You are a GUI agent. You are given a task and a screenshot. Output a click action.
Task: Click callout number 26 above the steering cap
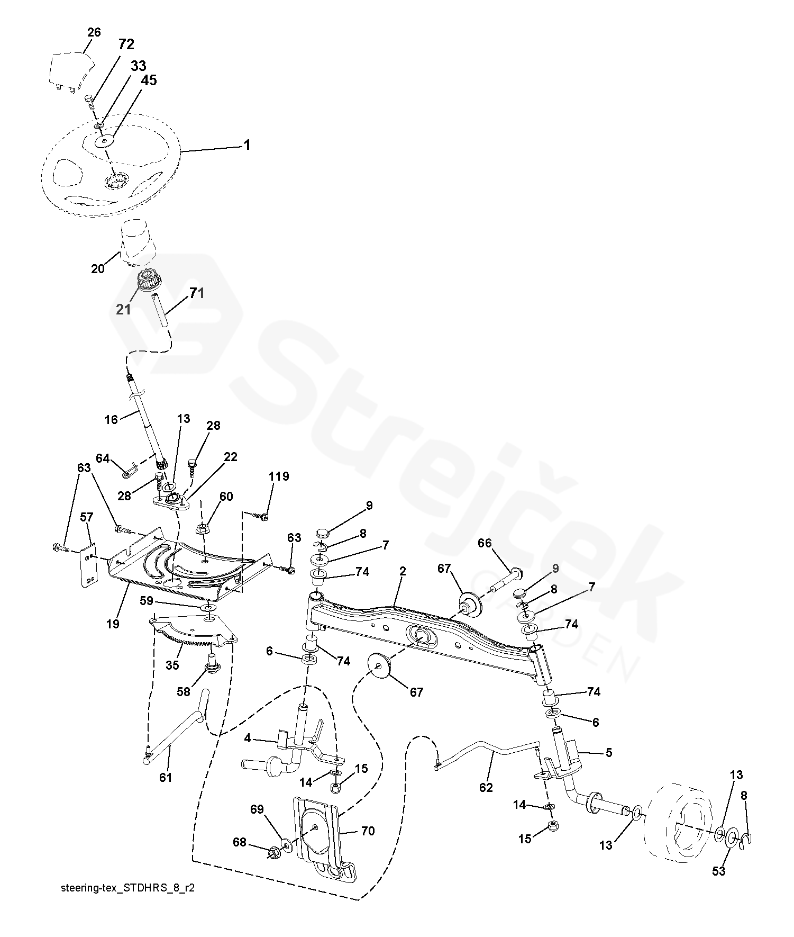(x=94, y=33)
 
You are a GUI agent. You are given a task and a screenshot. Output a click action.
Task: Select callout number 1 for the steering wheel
(x=247, y=145)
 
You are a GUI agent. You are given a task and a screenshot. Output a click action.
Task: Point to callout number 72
(x=126, y=44)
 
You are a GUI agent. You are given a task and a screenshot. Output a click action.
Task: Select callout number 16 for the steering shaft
(x=111, y=419)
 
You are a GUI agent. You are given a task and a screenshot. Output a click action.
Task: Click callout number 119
(x=279, y=476)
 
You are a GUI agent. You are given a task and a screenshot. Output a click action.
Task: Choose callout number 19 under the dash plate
(x=113, y=624)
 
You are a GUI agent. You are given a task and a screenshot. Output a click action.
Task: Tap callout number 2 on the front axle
(x=403, y=571)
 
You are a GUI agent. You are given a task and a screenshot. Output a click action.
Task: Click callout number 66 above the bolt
(x=485, y=543)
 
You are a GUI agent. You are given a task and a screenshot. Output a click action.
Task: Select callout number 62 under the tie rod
(x=486, y=787)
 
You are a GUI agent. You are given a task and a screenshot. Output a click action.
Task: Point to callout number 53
(x=718, y=871)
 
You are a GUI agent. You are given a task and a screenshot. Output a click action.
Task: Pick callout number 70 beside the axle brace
(x=368, y=831)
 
